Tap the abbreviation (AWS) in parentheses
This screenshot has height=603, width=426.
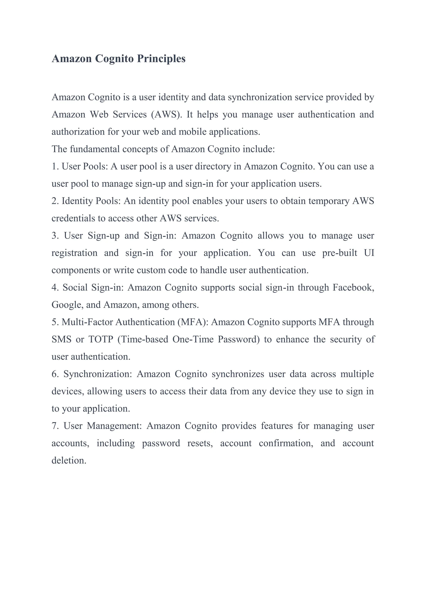point(166,115)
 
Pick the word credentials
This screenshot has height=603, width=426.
point(73,218)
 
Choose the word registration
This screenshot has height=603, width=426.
point(74,253)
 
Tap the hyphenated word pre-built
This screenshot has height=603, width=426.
point(339,253)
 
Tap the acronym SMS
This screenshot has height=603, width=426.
point(61,339)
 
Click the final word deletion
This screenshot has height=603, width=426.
point(69,461)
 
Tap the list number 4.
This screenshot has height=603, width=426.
point(54,288)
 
